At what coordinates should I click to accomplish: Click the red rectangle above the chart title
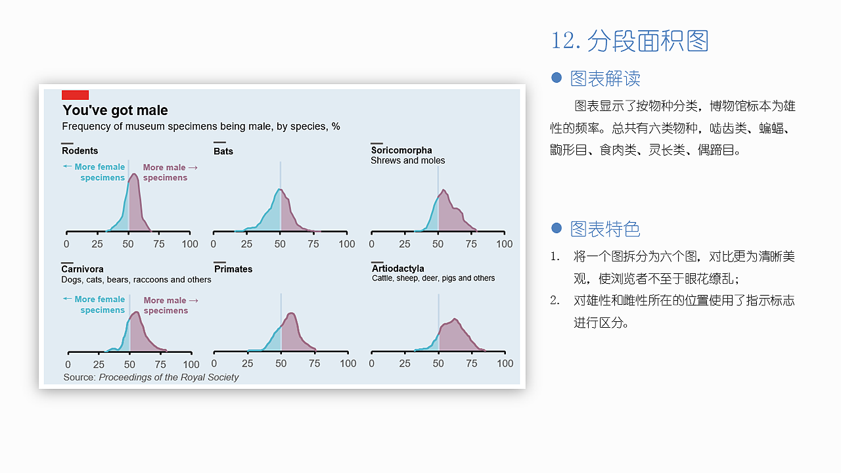click(x=75, y=95)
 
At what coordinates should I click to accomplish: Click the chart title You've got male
click(x=115, y=110)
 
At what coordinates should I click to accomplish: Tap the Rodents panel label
click(x=80, y=151)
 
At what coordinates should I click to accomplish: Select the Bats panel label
click(x=223, y=151)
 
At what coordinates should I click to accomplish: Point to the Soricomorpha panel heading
click(x=401, y=150)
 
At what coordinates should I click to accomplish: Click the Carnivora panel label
click(x=82, y=269)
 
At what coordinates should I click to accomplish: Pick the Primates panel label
click(x=233, y=269)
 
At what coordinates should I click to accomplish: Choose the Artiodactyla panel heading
click(x=398, y=269)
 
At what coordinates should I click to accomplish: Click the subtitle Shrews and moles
click(x=407, y=161)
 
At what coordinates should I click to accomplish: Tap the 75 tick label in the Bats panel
click(x=313, y=244)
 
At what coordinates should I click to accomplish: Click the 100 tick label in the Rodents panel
click(x=190, y=244)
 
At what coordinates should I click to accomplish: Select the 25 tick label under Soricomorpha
click(x=405, y=244)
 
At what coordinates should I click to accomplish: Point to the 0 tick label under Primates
click(x=214, y=364)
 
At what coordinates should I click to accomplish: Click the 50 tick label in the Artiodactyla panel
click(x=439, y=364)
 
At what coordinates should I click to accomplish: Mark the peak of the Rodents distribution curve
click(x=134, y=174)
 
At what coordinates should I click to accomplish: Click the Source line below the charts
click(x=151, y=378)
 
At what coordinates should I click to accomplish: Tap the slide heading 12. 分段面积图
click(x=630, y=41)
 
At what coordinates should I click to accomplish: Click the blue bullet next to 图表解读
click(x=557, y=78)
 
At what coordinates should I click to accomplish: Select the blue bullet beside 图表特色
click(x=557, y=228)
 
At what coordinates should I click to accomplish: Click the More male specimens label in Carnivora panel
click(x=166, y=305)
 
